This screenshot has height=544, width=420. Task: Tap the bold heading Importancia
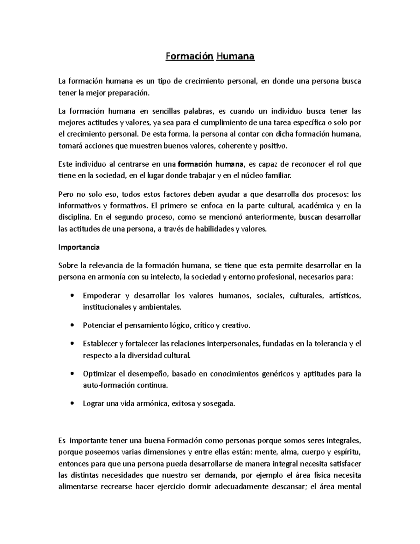click(x=79, y=247)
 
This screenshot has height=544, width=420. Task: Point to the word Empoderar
click(x=101, y=296)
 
